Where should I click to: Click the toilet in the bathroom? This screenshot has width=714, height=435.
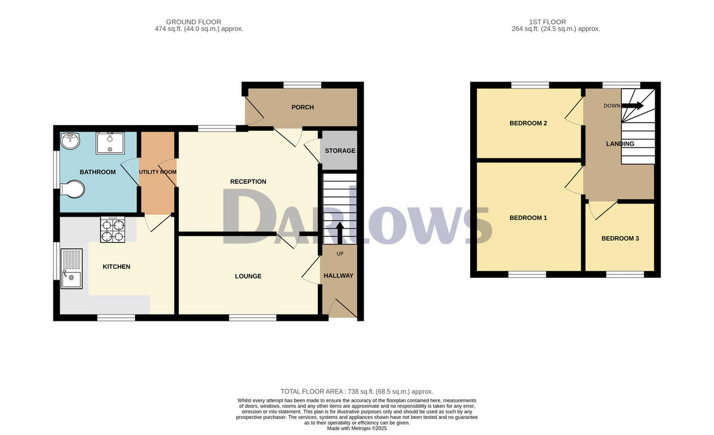[x=72, y=190]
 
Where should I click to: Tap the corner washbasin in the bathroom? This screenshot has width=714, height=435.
[x=70, y=140]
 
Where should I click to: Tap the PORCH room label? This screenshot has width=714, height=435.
[x=302, y=107]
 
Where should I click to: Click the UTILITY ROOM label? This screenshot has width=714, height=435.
[x=158, y=172]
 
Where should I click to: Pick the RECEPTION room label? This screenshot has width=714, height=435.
[x=248, y=181]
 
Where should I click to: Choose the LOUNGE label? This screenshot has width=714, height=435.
[x=248, y=276]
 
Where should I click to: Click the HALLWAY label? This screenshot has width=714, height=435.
[x=339, y=276]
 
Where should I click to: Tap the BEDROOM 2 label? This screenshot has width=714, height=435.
[x=528, y=123]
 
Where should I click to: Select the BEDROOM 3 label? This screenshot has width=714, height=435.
[x=620, y=239]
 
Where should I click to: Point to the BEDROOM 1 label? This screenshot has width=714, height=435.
[x=528, y=218]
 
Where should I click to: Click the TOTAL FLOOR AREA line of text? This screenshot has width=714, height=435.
[x=357, y=392]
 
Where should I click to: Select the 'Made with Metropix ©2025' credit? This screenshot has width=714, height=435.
[x=357, y=428]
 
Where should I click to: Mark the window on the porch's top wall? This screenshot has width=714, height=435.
[x=302, y=85]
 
